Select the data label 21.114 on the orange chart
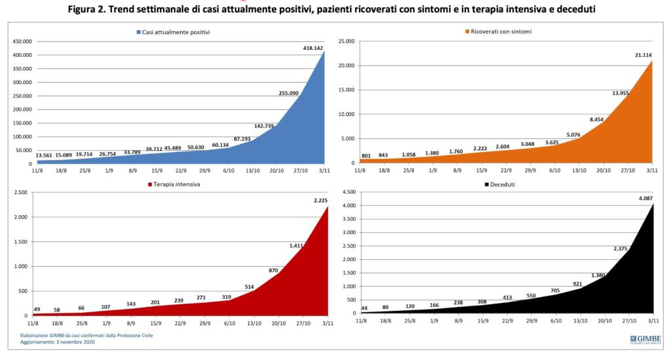pos(640,55)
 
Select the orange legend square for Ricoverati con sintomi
pos(467,31)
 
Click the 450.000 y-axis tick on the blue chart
pos(22,41)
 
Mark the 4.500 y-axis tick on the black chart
pos(345,193)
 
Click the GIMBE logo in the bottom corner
pos(645,339)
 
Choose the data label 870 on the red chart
pos(274,270)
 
